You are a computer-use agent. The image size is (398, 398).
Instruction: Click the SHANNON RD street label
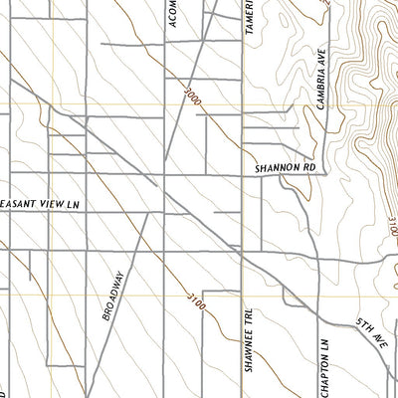point(284,168)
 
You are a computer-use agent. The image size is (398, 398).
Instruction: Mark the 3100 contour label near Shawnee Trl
point(195,298)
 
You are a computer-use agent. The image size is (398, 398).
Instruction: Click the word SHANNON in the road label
point(275,168)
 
